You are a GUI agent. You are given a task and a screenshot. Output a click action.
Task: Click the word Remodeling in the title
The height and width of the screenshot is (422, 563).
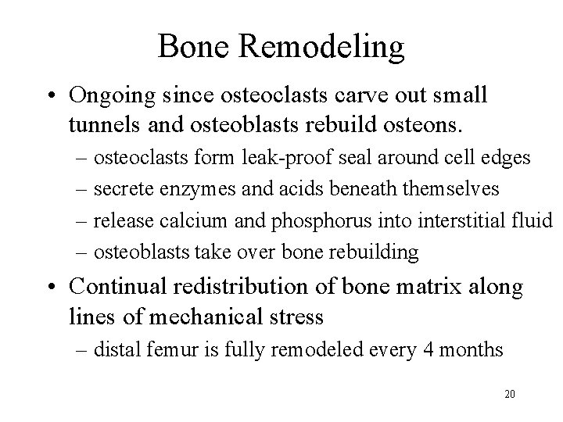[322, 47]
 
